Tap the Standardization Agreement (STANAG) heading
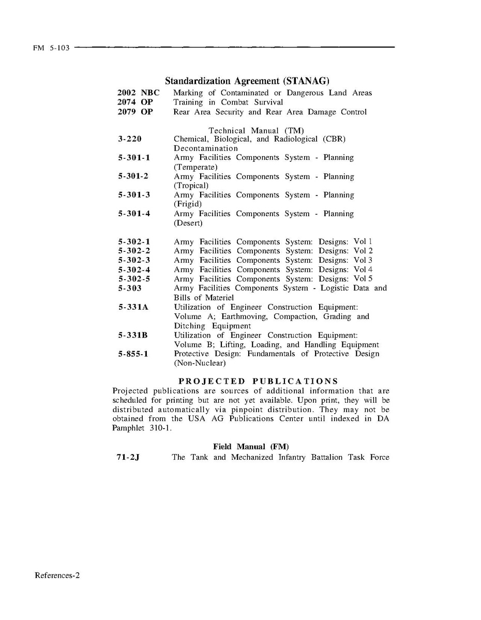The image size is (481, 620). [247, 81]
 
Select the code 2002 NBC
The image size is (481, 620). [138, 93]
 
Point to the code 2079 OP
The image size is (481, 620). [135, 112]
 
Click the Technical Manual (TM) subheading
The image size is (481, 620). [256, 130]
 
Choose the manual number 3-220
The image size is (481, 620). [129, 139]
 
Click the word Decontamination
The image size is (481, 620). [206, 148]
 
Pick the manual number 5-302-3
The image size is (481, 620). [134, 260]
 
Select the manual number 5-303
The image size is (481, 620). [129, 288]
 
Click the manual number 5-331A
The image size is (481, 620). [133, 307]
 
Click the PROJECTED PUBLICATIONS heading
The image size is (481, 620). [251, 382]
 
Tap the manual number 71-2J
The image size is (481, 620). [129, 457]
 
